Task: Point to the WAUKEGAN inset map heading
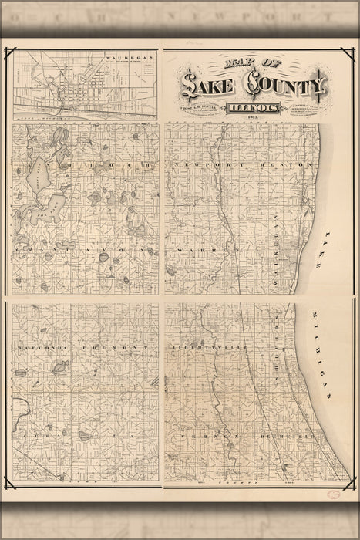click(x=121, y=58)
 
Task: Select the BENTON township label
click(x=297, y=165)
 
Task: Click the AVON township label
click(x=119, y=251)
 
